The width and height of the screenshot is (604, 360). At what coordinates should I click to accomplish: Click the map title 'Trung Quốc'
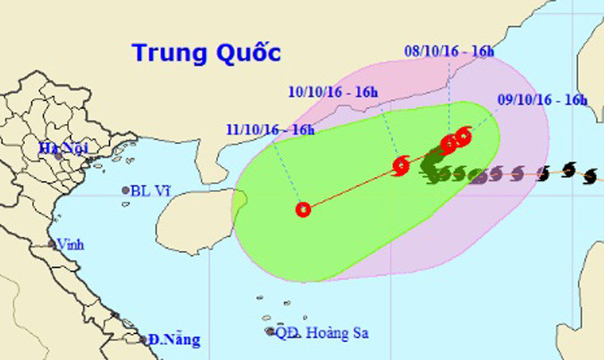click(x=206, y=52)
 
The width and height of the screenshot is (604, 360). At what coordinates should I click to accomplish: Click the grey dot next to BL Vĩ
click(x=124, y=190)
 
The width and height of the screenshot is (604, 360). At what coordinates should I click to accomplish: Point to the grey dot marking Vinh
click(x=52, y=244)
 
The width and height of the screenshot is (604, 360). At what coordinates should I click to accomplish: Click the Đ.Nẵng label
click(x=175, y=339)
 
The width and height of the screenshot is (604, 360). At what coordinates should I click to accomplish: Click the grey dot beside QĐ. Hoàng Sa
click(x=271, y=331)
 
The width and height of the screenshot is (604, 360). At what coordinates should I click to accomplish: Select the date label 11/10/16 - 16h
click(x=270, y=130)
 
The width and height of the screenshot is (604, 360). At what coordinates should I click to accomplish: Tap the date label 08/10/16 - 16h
click(x=449, y=51)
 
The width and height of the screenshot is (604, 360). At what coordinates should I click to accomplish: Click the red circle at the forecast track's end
click(x=303, y=210)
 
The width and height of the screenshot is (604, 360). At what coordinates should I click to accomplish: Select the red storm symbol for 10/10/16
click(x=401, y=164)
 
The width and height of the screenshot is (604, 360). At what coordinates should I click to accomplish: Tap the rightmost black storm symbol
click(x=588, y=177)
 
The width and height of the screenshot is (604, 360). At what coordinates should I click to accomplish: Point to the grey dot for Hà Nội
click(x=57, y=154)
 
